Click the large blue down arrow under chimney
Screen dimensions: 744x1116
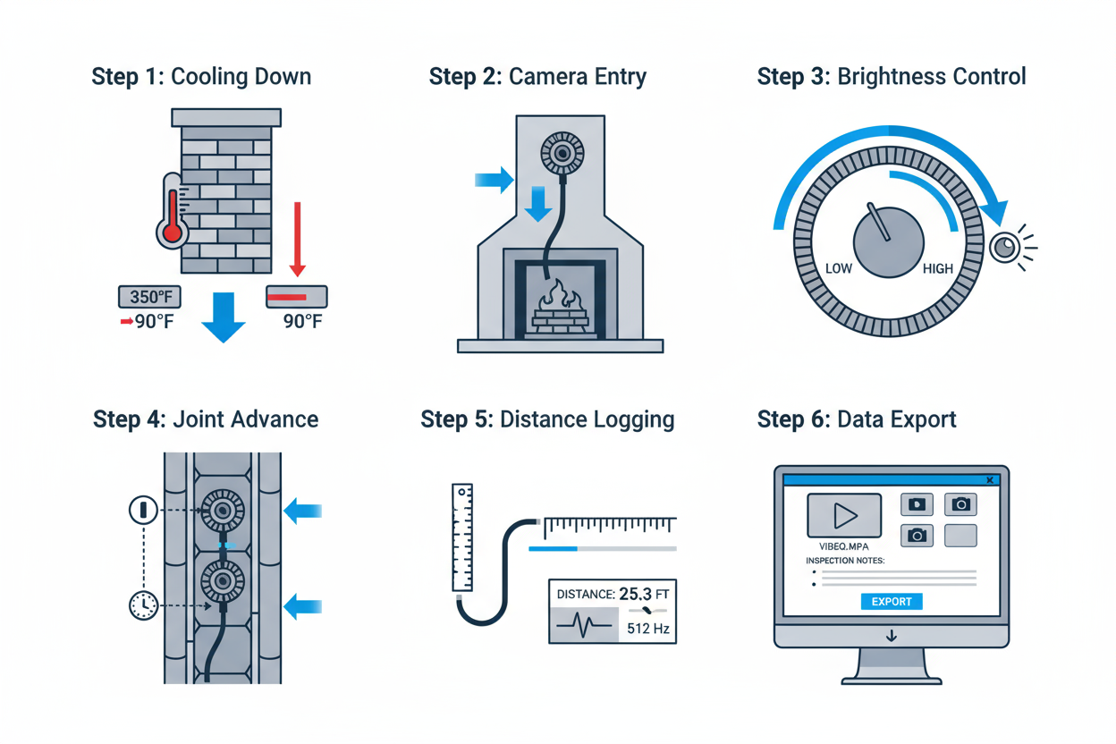click(223, 317)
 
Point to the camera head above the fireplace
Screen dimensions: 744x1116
click(562, 154)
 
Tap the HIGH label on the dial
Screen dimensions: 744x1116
click(937, 269)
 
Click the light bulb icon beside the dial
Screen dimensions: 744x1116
click(1005, 247)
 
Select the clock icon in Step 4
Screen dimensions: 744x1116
click(143, 605)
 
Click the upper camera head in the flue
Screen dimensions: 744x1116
click(222, 511)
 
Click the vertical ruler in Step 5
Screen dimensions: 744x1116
click(461, 537)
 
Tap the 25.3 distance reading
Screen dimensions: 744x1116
click(638, 593)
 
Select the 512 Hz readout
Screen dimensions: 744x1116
click(648, 629)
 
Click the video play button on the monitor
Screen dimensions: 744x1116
click(844, 515)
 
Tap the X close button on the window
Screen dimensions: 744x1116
click(990, 480)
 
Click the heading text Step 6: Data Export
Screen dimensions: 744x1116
click(857, 419)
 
